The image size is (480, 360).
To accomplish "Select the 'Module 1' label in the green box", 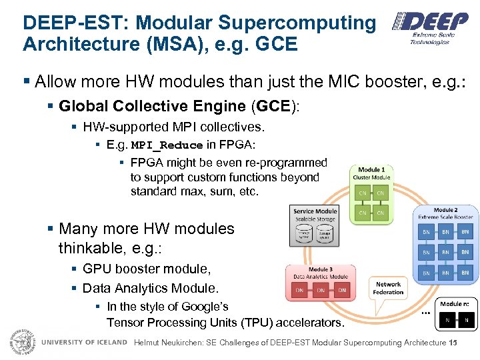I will click(x=371, y=170).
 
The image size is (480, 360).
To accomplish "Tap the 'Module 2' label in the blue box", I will click(x=445, y=209).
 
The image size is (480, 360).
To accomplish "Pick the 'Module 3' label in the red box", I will click(x=321, y=269).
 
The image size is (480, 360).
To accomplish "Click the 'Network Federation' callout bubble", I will click(x=388, y=288).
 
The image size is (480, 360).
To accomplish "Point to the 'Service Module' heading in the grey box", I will click(x=315, y=211).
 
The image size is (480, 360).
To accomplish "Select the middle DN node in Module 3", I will click(x=321, y=291).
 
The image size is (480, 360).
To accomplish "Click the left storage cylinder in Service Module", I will click(x=305, y=235).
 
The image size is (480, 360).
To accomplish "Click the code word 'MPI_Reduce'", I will click(x=167, y=145).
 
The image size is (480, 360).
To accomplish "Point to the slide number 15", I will click(x=453, y=343).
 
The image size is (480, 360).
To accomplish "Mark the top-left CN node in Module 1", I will click(x=363, y=193).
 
